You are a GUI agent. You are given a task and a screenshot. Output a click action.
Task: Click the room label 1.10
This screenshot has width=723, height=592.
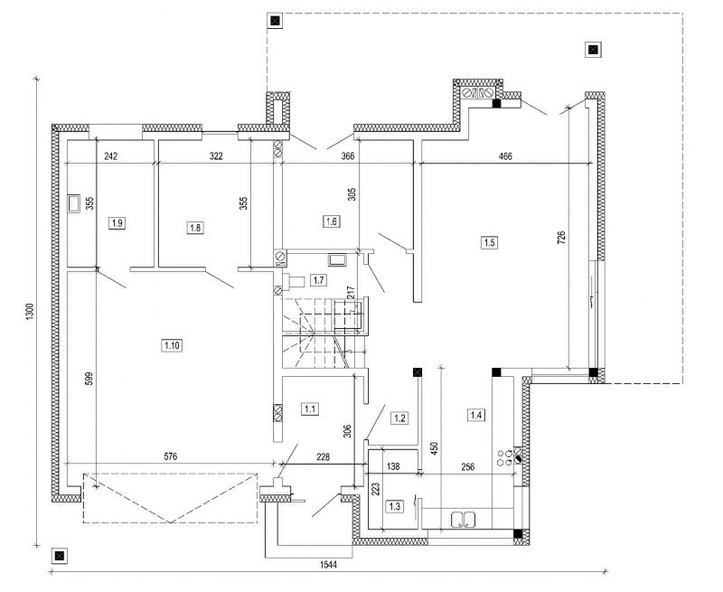[x=172, y=345]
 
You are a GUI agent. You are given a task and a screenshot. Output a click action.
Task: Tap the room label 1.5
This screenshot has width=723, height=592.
[x=489, y=242]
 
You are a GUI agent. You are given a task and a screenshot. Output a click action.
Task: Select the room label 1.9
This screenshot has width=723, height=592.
[x=117, y=223]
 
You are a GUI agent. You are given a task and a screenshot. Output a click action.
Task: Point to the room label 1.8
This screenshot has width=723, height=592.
[x=195, y=228]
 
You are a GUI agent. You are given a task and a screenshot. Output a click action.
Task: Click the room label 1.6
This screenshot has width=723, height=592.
[x=331, y=221]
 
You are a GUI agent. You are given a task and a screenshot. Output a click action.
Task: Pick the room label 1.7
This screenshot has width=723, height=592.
[x=319, y=280]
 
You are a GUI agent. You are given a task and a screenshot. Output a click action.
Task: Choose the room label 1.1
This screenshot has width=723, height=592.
[x=309, y=409]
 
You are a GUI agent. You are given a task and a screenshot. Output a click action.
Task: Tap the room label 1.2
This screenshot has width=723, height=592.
[x=399, y=418]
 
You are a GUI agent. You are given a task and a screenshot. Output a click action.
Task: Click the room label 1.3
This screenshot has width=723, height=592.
[x=395, y=506]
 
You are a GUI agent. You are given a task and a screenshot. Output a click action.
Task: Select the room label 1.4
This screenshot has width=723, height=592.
[x=476, y=415]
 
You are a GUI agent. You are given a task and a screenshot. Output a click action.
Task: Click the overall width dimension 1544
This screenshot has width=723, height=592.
[x=328, y=564]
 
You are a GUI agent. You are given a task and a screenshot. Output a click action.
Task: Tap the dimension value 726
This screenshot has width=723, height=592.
[x=561, y=238]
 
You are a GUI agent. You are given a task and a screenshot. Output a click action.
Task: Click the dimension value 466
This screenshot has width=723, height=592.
[x=505, y=156]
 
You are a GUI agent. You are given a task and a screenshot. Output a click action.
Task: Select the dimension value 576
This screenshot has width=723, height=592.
[x=171, y=457]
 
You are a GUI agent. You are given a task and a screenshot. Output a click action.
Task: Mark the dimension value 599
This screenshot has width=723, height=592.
[x=89, y=379]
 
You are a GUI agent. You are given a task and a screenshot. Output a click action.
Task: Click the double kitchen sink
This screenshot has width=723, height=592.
[x=463, y=520]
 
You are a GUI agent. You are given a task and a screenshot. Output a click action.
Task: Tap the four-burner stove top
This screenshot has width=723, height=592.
[x=504, y=457]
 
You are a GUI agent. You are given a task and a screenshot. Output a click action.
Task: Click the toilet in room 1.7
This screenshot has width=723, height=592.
[x=293, y=281]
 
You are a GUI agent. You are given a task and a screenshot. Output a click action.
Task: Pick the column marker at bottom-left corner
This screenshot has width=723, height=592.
[x=59, y=556]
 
